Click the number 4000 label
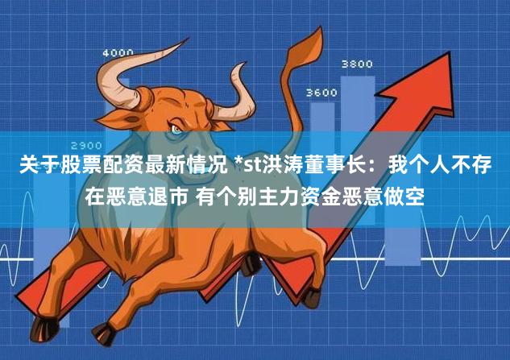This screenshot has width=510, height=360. (x=118, y=52)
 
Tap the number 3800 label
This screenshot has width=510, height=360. (x=357, y=64)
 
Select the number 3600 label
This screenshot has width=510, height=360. (x=321, y=93)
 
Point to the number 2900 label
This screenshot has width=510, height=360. (x=86, y=145)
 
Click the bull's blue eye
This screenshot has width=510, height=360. (x=176, y=130)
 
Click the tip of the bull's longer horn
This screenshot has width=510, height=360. (x=187, y=39)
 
